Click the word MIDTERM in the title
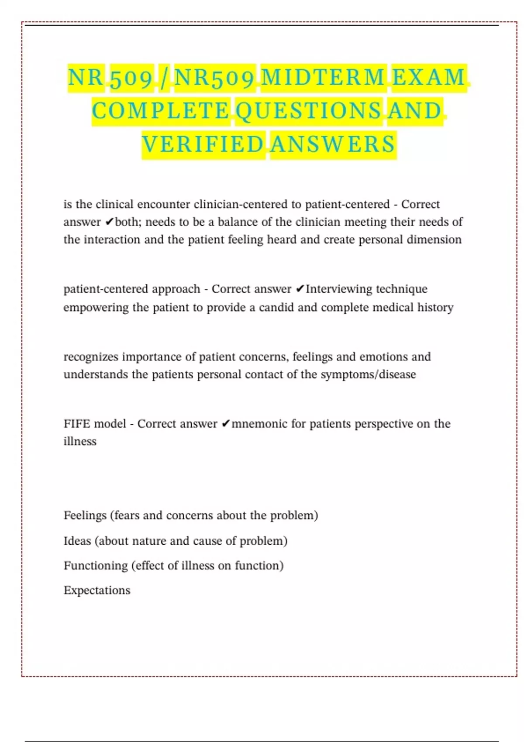coord(323,78)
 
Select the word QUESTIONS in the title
coord(308,111)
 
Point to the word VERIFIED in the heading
coord(203,144)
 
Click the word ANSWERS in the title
coord(333,144)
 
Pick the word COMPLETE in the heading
coord(160,111)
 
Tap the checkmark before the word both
coord(109,222)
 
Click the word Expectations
coord(97,590)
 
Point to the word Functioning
coord(96,566)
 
